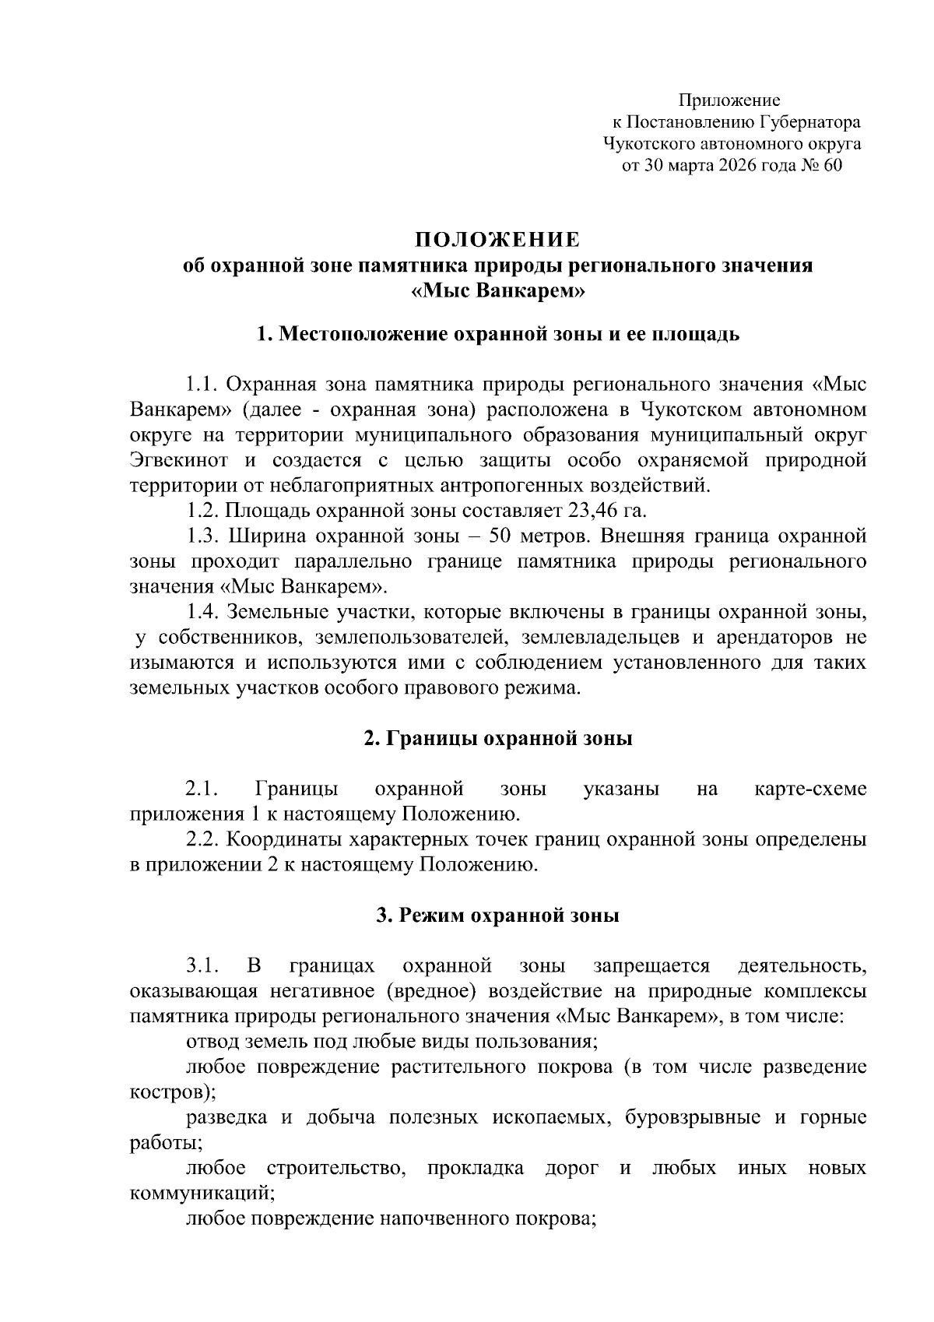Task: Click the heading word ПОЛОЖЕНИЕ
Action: tap(497, 238)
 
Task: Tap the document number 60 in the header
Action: tap(831, 165)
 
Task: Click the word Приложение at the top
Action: tap(730, 100)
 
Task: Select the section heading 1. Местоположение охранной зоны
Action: tap(497, 335)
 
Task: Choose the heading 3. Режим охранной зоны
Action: tap(497, 916)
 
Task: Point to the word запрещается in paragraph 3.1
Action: tap(651, 966)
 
